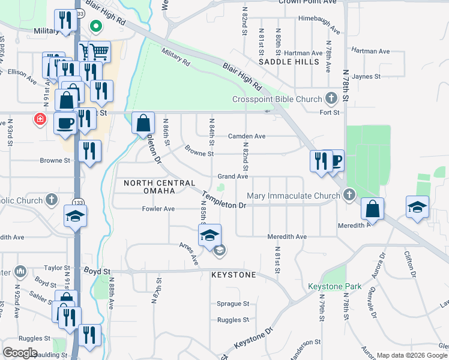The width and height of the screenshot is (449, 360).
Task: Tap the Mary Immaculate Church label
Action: point(294,196)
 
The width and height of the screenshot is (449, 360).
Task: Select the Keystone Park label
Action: point(335,286)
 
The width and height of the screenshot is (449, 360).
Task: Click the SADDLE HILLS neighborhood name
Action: point(289,62)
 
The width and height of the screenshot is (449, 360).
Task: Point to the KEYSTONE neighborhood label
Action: point(234,275)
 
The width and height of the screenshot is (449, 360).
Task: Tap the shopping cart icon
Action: point(99,52)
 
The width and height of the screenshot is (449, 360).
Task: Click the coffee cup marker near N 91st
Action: point(65,122)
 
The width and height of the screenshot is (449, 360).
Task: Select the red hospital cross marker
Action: point(40,119)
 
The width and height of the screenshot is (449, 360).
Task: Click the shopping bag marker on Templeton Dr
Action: point(143,123)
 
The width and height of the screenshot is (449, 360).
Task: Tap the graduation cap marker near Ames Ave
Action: point(210,235)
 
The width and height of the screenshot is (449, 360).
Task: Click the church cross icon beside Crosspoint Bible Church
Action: point(331,98)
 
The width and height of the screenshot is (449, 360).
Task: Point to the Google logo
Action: point(20,353)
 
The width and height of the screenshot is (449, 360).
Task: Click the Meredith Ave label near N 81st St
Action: point(287,237)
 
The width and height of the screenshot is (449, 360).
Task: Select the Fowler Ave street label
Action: point(158,209)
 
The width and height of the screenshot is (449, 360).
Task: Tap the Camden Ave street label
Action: point(246,136)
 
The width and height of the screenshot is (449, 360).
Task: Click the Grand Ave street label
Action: point(232,176)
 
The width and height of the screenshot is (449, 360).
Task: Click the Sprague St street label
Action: point(233,304)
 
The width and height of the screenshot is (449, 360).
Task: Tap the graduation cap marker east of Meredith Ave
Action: point(417,207)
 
